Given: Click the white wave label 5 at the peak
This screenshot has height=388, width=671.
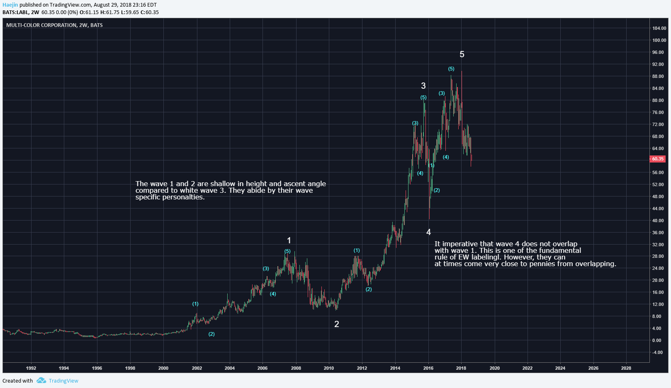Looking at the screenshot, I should click(x=462, y=54).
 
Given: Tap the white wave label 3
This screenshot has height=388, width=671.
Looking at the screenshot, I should click(x=423, y=86).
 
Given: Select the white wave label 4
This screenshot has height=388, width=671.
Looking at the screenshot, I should click(x=428, y=232).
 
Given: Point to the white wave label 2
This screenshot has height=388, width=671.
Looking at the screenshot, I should click(x=337, y=324).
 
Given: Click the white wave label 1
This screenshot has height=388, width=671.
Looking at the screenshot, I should click(x=289, y=240).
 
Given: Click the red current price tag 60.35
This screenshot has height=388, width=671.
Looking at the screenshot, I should click(x=657, y=159).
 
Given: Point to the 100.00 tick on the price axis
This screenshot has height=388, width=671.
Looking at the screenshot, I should click(x=659, y=40).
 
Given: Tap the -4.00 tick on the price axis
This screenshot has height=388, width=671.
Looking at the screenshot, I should click(x=657, y=352).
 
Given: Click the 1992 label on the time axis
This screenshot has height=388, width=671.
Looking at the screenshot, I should click(x=31, y=368).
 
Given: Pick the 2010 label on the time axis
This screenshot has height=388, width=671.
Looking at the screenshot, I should click(x=329, y=368).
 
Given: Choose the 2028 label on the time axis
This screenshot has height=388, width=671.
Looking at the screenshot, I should click(x=626, y=368).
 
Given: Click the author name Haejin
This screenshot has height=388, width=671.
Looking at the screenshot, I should click(x=10, y=5).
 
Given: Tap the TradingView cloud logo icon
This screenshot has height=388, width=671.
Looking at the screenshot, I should click(x=41, y=381).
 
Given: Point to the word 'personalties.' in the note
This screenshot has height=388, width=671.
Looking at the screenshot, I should click(x=184, y=197).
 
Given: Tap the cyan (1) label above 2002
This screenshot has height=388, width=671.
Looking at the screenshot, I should click(x=195, y=304).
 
